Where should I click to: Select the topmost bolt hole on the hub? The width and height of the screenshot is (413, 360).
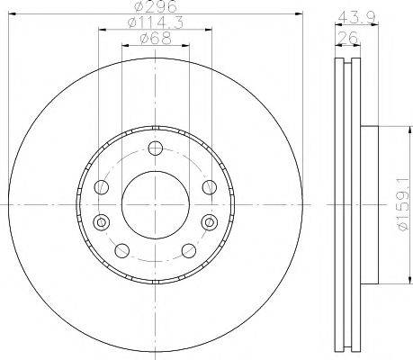[x=155, y=148]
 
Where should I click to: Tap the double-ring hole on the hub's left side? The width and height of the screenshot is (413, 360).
[x=100, y=220]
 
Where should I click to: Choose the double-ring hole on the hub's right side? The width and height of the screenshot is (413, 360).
[x=210, y=220]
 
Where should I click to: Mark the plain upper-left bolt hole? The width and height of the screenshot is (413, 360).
[x=102, y=186]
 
